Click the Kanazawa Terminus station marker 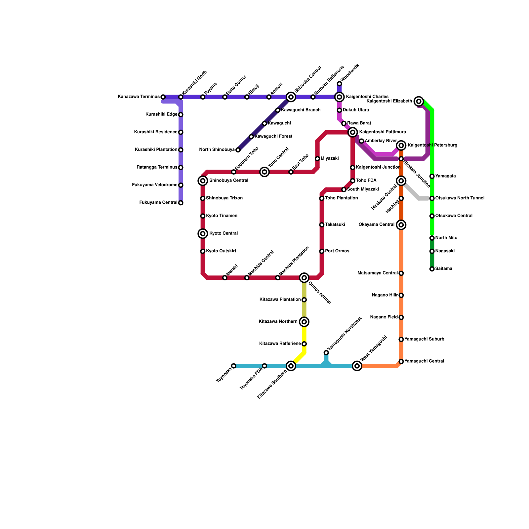pos(163,97)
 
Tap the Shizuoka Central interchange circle pos(291,97)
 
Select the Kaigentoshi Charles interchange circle pos(339,97)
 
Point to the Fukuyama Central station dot pos(181,203)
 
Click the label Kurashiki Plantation pos(156,150)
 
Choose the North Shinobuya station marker pos(238,150)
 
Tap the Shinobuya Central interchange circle pos(203,181)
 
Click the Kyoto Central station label pos(224,233)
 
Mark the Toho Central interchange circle pos(264,172)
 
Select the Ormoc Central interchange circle pos(304,278)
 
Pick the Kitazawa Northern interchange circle pos(304,322)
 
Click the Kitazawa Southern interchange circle pos(291,366)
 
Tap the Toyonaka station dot pos(233,366)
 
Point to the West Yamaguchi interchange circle pos(357,366)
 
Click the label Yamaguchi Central pos(424,361)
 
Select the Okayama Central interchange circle pos(401,225)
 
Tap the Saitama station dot pos(432,269)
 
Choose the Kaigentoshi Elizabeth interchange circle pos(419,101)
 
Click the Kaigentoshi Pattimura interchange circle pos(353,132)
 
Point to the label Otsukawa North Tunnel pos(460,198)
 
